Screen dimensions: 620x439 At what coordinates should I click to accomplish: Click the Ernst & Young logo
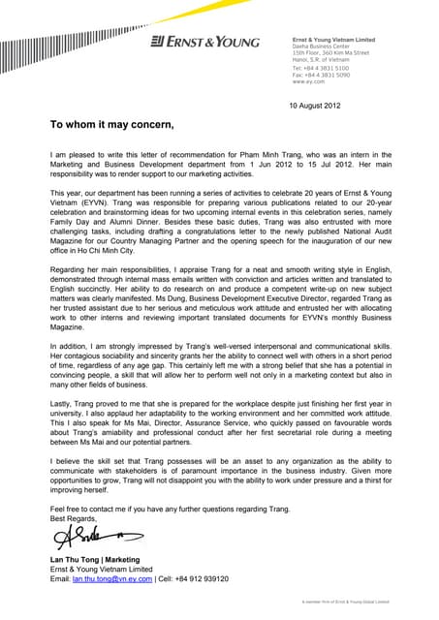204,42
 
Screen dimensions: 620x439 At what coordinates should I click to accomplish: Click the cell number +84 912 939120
199,578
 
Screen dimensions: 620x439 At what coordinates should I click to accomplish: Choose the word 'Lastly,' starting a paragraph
62,411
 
